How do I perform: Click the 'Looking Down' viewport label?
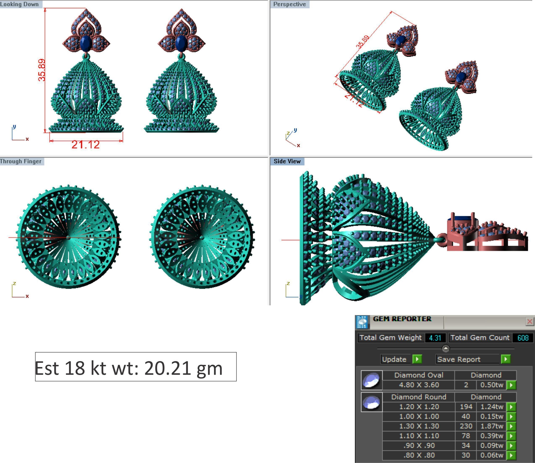(19, 4)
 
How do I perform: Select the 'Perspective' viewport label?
(290, 4)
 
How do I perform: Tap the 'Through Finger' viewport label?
(21, 161)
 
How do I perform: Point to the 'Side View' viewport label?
(287, 161)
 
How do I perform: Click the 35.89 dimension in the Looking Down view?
(42, 70)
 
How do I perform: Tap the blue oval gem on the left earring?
(86, 44)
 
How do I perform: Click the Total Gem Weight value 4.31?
(435, 338)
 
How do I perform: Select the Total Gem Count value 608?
(523, 338)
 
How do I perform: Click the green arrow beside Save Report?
(506, 359)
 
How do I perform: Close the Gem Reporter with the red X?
(530, 321)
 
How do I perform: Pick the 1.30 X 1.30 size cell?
(419, 426)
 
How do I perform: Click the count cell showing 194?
(466, 407)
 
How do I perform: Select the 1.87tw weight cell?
(492, 426)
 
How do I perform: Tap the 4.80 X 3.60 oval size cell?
(419, 385)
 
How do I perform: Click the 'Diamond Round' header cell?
(418, 397)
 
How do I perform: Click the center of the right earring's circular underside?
(202, 237)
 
